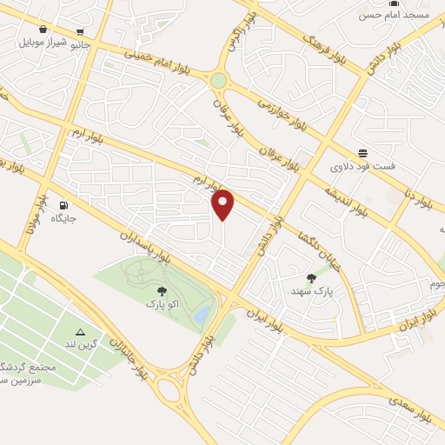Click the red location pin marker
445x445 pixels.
(223, 204)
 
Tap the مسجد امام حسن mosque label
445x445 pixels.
(396, 16)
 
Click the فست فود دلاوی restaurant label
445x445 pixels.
(362, 164)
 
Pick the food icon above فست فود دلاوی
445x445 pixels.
(362, 152)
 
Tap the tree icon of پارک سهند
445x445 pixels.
(311, 277)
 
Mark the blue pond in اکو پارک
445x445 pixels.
(202, 311)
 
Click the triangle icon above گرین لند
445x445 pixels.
(80, 331)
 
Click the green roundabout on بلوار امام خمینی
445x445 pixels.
(218, 80)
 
